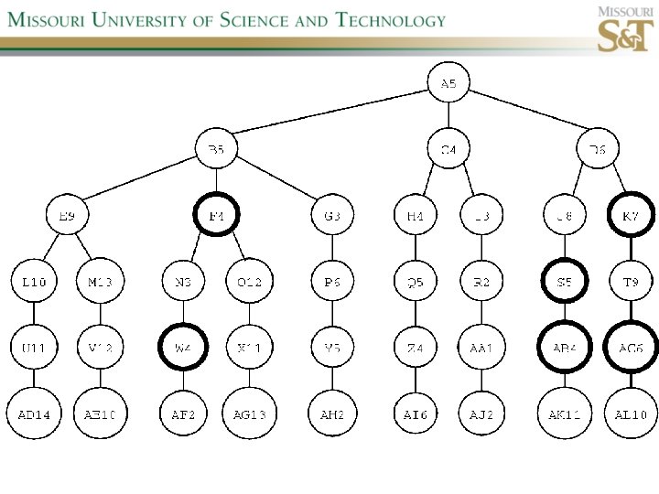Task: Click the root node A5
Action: pyautogui.click(x=448, y=84)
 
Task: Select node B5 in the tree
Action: pyautogui.click(x=217, y=149)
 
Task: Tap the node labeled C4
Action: pyautogui.click(x=448, y=149)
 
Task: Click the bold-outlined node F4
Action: pyautogui.click(x=217, y=216)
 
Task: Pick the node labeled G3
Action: pyautogui.click(x=333, y=216)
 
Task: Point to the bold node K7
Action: pyautogui.click(x=631, y=216)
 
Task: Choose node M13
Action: pyautogui.click(x=100, y=282)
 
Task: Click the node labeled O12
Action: pyautogui.click(x=249, y=282)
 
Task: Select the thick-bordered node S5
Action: pyautogui.click(x=564, y=282)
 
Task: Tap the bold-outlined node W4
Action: pyautogui.click(x=184, y=348)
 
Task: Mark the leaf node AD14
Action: pyautogui.click(x=34, y=414)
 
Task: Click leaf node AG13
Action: pyautogui.click(x=249, y=414)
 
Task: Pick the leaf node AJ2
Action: pyautogui.click(x=481, y=414)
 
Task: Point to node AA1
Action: pyautogui.click(x=481, y=348)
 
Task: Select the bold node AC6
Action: pyautogui.click(x=631, y=348)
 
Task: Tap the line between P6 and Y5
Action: pyautogui.click(x=333, y=315)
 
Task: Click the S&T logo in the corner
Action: pyautogui.click(x=625, y=29)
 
